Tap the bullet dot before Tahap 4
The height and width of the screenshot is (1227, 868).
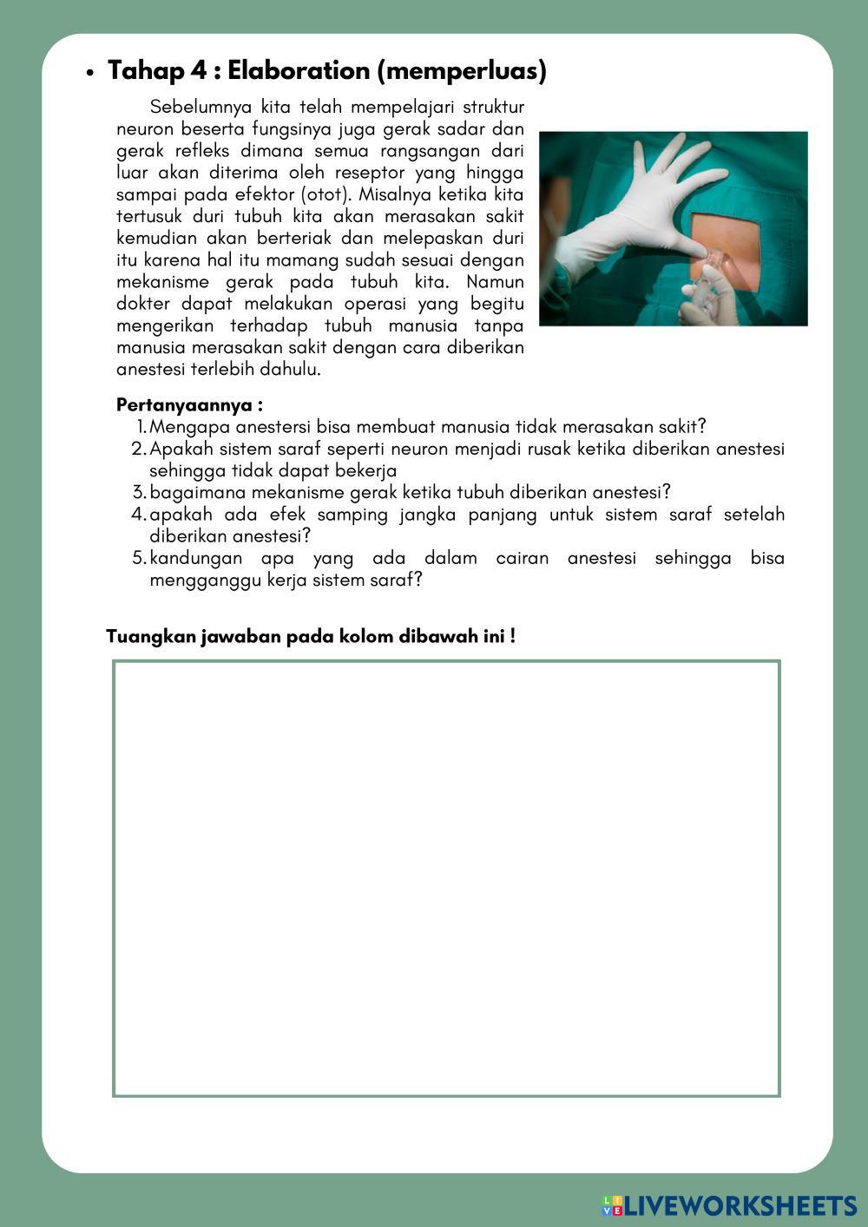[89, 74]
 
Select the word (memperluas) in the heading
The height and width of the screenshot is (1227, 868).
[462, 71]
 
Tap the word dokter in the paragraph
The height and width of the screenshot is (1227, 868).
[143, 304]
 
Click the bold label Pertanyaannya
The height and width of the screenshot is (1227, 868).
[189, 405]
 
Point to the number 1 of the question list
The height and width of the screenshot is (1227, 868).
[141, 427]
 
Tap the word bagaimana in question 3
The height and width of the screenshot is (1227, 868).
[196, 493]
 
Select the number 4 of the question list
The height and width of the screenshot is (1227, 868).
[139, 515]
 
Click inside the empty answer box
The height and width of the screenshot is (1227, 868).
[446, 878]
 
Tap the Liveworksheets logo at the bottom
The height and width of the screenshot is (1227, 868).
[730, 1205]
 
